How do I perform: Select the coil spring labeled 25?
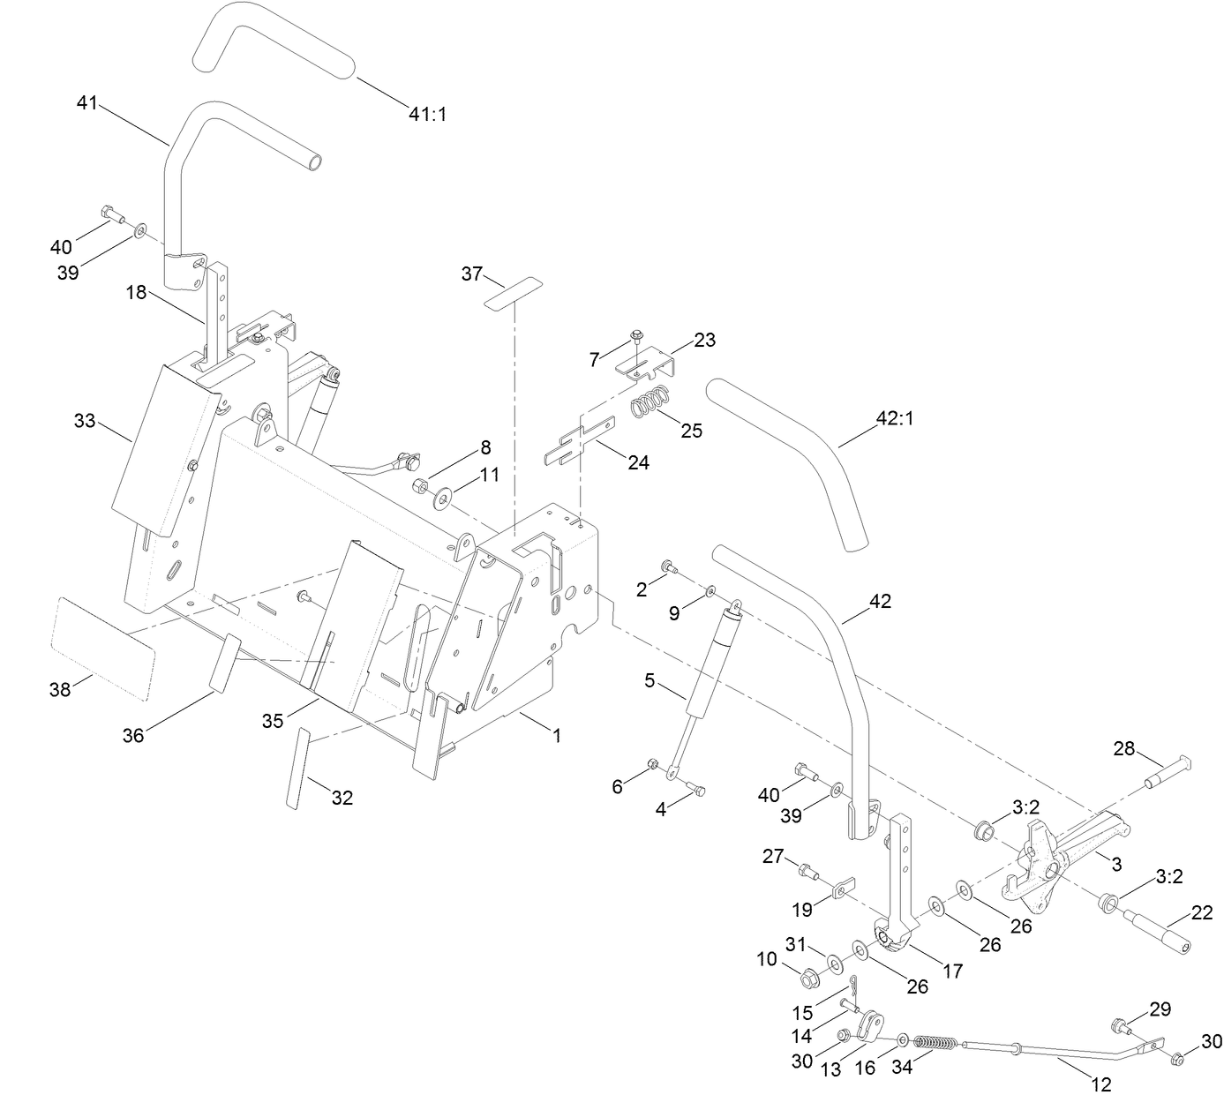[x=654, y=403]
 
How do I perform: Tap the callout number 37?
[x=472, y=274]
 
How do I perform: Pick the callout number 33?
[x=85, y=422]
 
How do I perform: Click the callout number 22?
[x=1202, y=914]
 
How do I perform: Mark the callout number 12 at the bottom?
[x=1101, y=1084]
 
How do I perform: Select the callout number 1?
[x=556, y=734]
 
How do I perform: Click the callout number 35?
[x=272, y=721]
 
